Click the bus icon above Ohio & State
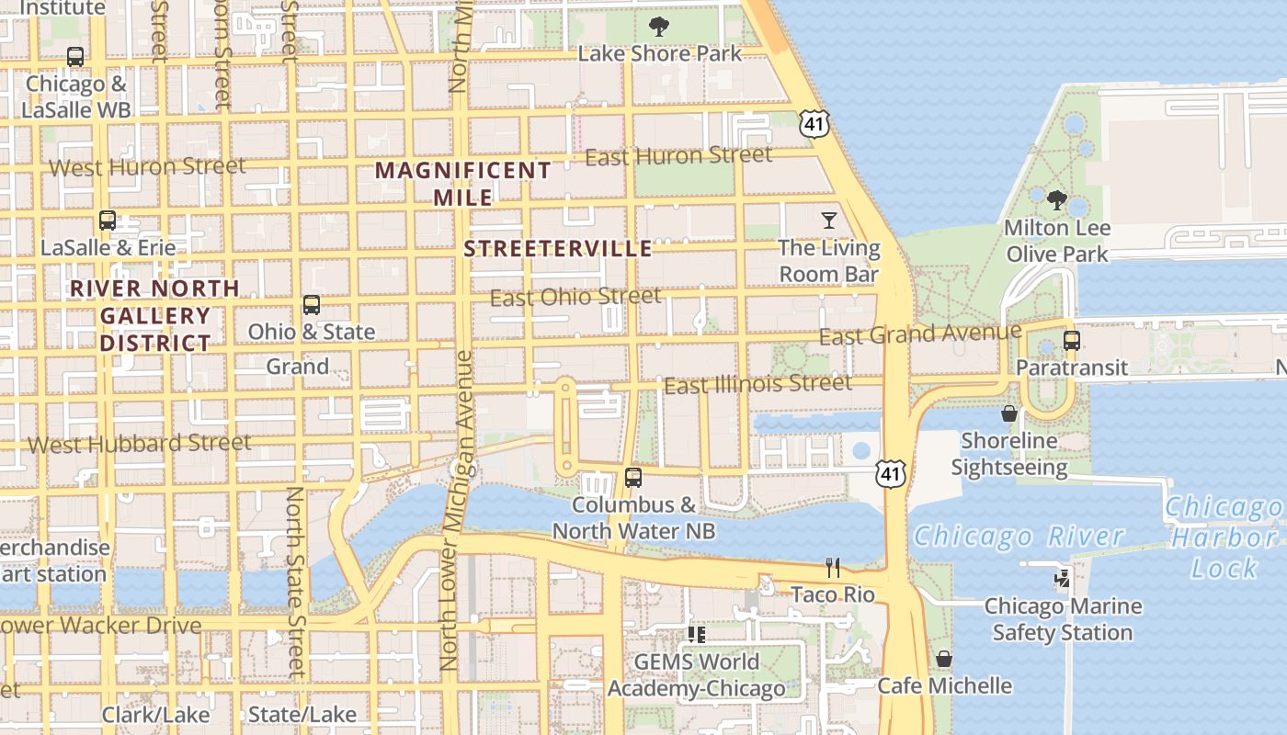click(312, 305)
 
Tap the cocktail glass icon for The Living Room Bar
click(829, 220)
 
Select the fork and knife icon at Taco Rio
click(833, 567)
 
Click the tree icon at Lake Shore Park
click(658, 26)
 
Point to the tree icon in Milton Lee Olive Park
click(1057, 200)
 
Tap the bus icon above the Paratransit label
click(1071, 341)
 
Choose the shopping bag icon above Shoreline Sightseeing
click(1009, 413)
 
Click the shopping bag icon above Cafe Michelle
click(943, 659)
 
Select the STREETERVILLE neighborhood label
click(558, 249)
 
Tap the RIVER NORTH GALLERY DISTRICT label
click(154, 315)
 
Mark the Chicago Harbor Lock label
click(1224, 537)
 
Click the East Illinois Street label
click(757, 384)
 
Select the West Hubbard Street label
click(139, 444)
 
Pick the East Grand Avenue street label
click(920, 334)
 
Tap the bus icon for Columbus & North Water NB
click(632, 478)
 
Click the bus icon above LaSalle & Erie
click(108, 220)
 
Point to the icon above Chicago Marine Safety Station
click(1063, 579)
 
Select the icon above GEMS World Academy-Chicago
click(696, 634)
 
